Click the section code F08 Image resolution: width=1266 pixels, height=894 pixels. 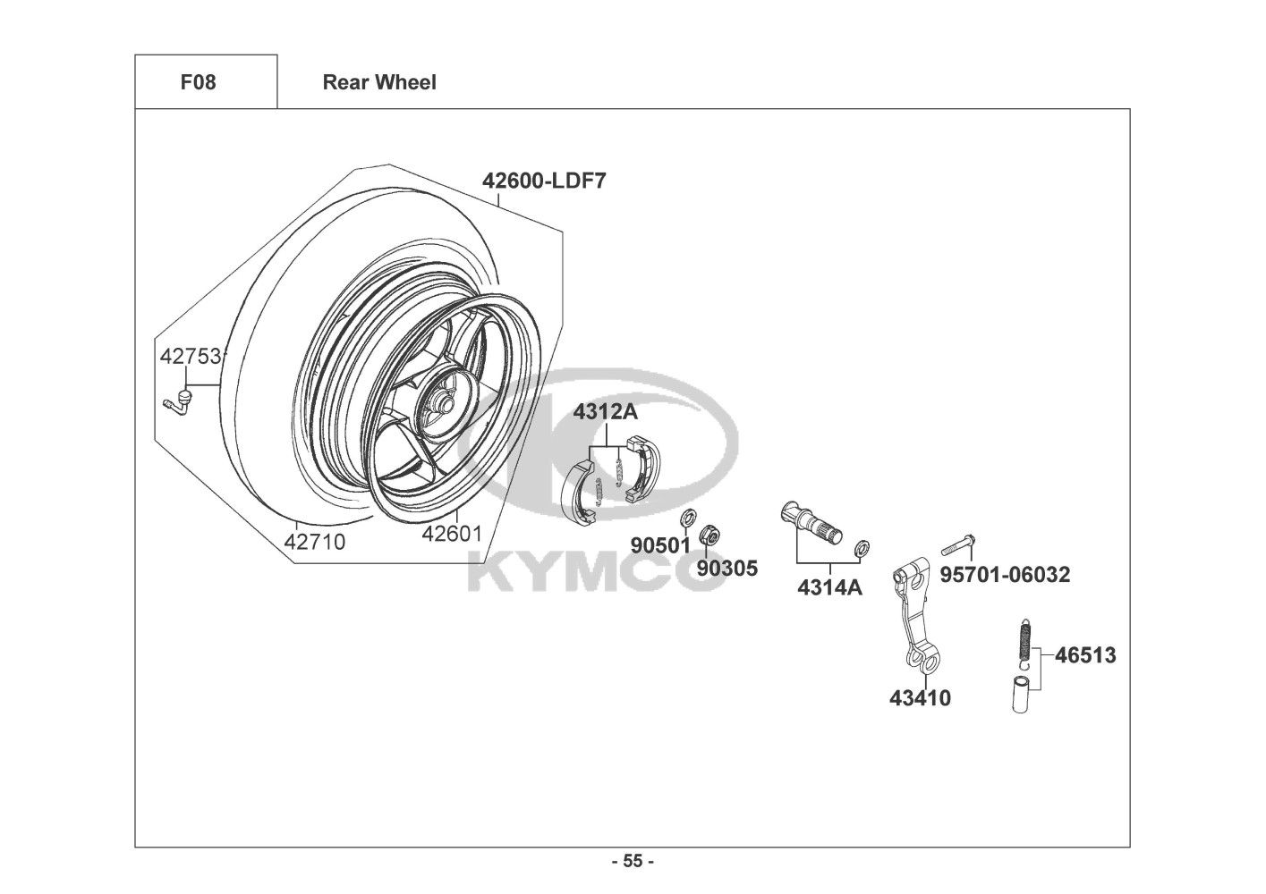pyautogui.click(x=198, y=82)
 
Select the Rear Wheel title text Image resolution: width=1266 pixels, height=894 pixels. pyautogui.click(x=379, y=82)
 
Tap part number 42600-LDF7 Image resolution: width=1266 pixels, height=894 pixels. pyautogui.click(x=544, y=181)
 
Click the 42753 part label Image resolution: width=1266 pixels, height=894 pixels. pyautogui.click(x=191, y=357)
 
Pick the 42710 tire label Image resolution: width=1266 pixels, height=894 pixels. pyautogui.click(x=314, y=542)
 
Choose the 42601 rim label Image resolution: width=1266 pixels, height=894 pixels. pyautogui.click(x=452, y=534)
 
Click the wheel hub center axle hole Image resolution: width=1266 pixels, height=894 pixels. pyautogui.click(x=444, y=404)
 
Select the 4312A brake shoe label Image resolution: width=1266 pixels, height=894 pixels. pyautogui.click(x=606, y=412)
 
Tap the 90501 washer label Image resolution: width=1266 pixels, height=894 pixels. pyautogui.click(x=660, y=545)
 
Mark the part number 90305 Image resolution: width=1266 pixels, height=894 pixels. pyautogui.click(x=726, y=569)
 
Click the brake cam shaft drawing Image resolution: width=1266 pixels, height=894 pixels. pyautogui.click(x=811, y=522)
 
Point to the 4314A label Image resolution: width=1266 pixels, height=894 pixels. pyautogui.click(x=829, y=588)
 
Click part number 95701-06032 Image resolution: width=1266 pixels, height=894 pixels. pyautogui.click(x=1005, y=575)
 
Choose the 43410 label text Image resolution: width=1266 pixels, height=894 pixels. pyautogui.click(x=920, y=698)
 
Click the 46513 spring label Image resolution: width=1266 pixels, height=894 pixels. pyautogui.click(x=1085, y=655)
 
